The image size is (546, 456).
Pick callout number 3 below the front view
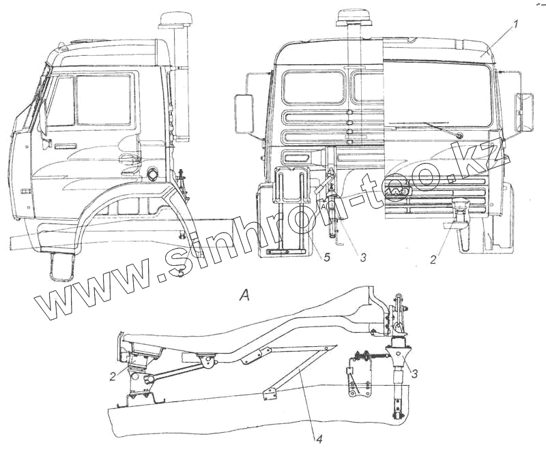(x=363, y=258)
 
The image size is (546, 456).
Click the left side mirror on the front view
(x=244, y=114)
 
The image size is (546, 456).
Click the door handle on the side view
(x=66, y=147)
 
